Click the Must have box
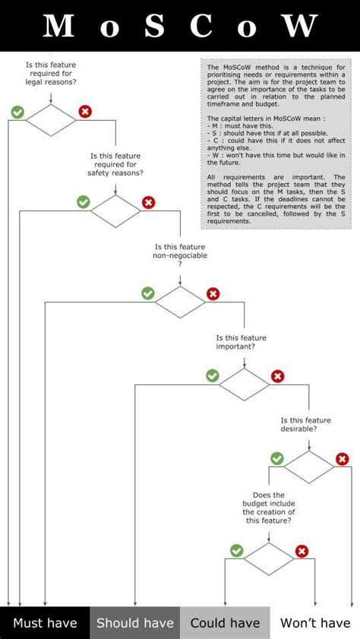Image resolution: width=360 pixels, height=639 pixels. point(45,623)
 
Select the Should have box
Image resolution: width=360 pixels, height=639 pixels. point(135,623)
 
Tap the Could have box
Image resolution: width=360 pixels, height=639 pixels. point(225,623)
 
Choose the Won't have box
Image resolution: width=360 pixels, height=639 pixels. point(315,623)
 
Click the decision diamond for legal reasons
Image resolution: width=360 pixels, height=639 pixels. point(51,120)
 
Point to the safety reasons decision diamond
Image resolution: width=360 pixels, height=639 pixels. point(115,210)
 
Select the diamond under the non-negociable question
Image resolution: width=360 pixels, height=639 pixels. point(181,302)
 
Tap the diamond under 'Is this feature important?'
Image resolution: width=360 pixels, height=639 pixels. point(245,384)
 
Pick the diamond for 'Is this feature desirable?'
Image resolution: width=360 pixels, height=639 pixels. point(309,467)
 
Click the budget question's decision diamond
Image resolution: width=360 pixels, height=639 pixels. point(268,559)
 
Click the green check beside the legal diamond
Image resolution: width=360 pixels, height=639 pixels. point(17,112)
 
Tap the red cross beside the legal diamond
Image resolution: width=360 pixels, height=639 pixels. point(85,112)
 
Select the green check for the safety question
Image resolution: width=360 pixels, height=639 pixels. point(83,202)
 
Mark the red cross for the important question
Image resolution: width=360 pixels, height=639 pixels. point(278,375)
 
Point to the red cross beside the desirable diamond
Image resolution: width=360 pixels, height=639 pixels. point(343,459)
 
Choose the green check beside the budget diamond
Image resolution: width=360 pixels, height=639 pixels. point(236,551)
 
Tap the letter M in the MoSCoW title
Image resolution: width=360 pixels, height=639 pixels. point(58,27)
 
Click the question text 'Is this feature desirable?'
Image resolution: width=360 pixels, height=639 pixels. point(306,424)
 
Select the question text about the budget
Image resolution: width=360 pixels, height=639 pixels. point(269,508)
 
